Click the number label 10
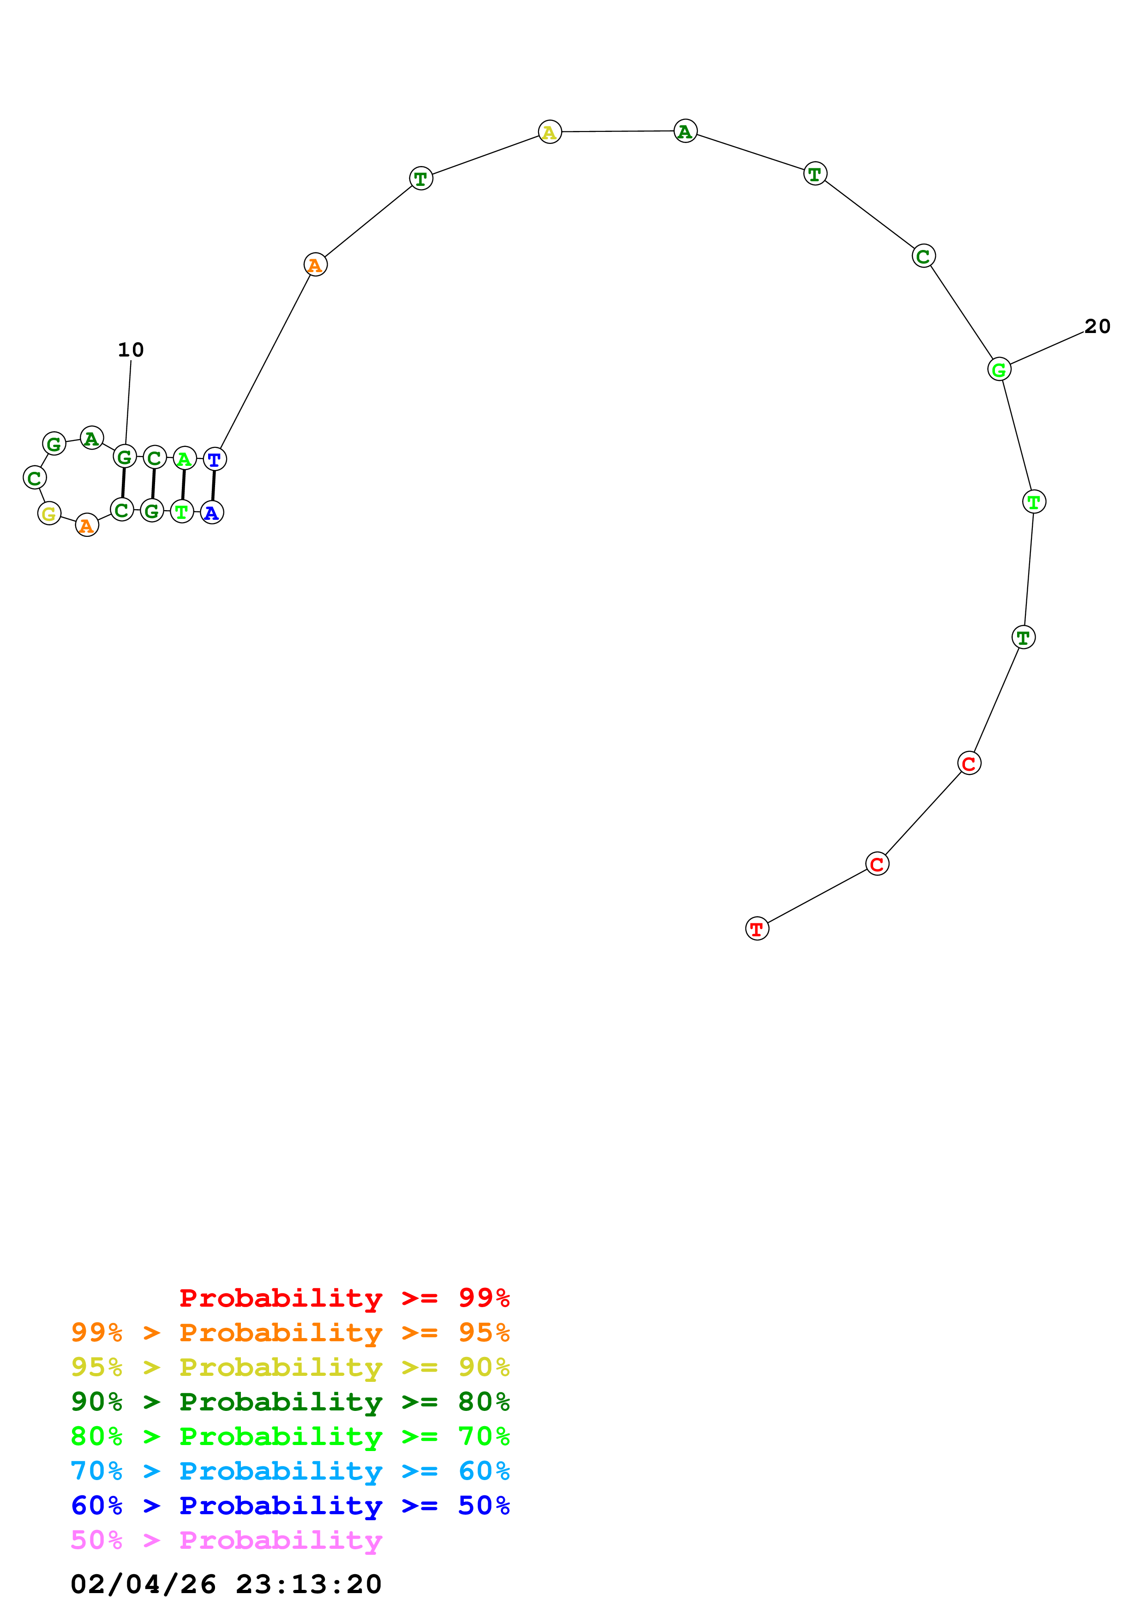coord(131,350)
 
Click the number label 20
coord(1097,326)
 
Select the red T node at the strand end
coord(757,929)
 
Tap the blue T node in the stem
coord(214,459)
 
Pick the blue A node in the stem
coord(211,512)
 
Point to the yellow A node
coord(550,132)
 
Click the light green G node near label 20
coord(999,369)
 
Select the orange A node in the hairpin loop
coord(87,525)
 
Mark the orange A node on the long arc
coord(315,265)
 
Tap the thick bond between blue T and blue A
coord(213,486)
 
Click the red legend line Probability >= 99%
coord(344,1297)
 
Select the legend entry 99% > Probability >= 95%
coord(290,1332)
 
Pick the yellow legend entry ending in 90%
coord(290,1367)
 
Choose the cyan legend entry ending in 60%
coord(290,1471)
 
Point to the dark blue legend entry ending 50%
coord(290,1505)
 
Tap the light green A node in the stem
coord(184,459)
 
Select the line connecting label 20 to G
coord(1047,348)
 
